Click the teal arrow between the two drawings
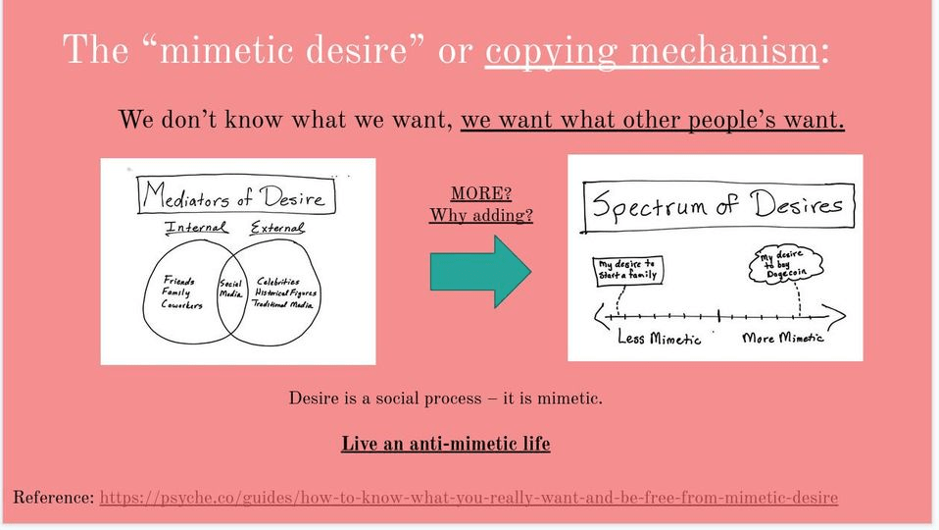[x=480, y=272]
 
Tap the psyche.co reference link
[x=469, y=498]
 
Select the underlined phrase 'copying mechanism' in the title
[x=652, y=50]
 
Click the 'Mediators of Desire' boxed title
[x=236, y=195]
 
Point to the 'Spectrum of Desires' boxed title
[x=717, y=206]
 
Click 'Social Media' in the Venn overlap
[x=230, y=289]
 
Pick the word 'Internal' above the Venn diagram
[x=196, y=228]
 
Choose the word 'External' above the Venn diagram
[x=277, y=228]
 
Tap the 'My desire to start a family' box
[x=627, y=270]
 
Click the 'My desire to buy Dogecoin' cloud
[x=786, y=264]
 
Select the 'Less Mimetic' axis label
[x=659, y=339]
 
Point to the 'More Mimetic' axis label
[x=783, y=339]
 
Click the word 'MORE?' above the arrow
[x=481, y=193]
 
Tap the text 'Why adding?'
[x=481, y=215]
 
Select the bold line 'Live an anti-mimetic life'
[x=446, y=444]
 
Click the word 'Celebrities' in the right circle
[x=277, y=281]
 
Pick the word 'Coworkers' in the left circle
[x=181, y=304]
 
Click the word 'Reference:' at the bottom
[x=53, y=497]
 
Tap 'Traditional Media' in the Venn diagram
[x=282, y=304]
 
